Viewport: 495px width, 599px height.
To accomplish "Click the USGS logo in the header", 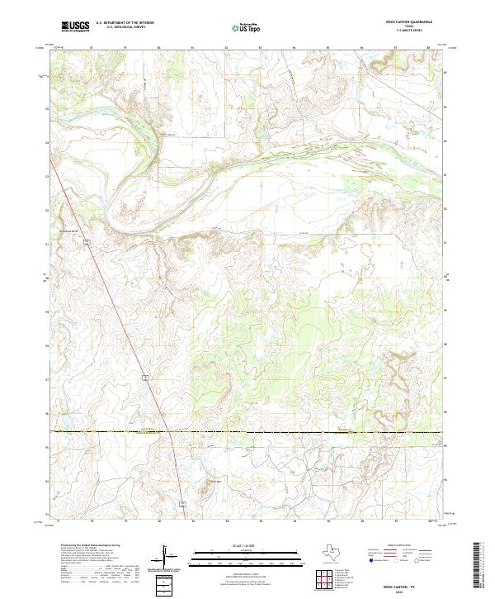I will click(x=75, y=26).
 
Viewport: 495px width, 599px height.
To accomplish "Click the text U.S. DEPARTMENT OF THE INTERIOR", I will click(x=125, y=23).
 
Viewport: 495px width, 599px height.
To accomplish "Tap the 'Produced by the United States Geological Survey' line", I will click(x=85, y=545).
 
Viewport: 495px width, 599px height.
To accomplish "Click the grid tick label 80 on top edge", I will click(x=158, y=48).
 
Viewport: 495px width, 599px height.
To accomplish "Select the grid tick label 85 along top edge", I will click(x=328, y=48).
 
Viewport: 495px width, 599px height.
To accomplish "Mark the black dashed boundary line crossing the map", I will click(x=247, y=432).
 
